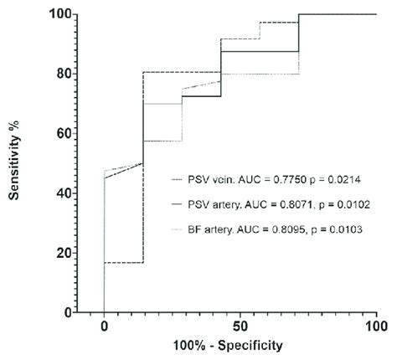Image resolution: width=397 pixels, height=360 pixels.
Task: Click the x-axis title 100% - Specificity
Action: click(240, 344)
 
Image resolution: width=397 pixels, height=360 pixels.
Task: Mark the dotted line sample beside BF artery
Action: click(176, 229)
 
